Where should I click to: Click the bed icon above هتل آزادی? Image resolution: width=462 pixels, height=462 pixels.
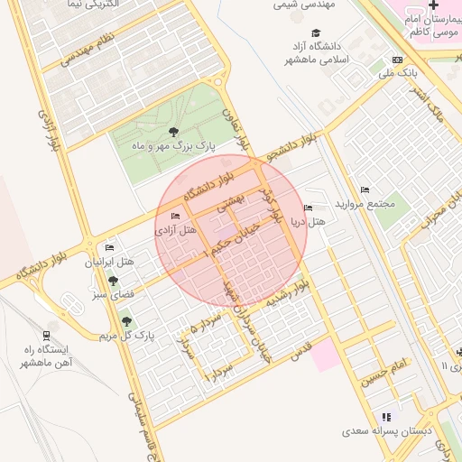click(175, 216)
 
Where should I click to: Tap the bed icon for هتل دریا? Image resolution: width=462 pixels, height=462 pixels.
click(309, 208)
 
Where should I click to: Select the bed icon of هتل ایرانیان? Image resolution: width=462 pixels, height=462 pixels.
click(109, 248)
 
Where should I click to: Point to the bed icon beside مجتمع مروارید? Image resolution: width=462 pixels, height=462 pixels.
click(365, 189)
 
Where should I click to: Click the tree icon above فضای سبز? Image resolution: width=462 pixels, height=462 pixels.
click(113, 281)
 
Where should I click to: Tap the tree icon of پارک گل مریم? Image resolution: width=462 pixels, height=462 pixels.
click(125, 319)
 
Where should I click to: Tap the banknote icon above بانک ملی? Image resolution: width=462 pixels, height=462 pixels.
click(398, 60)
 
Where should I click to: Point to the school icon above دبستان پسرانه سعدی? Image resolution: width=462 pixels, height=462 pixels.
click(387, 417)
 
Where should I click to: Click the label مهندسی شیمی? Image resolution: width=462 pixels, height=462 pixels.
click(304, 5)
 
